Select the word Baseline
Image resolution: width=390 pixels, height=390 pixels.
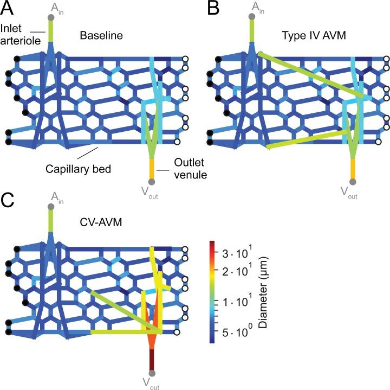pyautogui.click(x=101, y=36)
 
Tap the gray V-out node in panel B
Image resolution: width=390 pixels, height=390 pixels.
pyautogui.click(x=353, y=182)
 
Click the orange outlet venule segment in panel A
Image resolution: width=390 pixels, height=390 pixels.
pyautogui.click(x=152, y=167)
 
